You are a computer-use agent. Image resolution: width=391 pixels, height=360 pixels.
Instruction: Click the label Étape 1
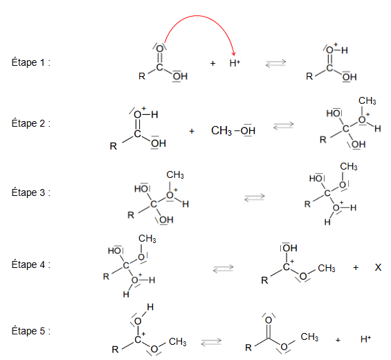point(30,62)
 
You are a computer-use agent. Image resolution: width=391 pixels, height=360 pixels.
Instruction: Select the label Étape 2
point(30,123)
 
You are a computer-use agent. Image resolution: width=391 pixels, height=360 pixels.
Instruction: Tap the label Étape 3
point(30,192)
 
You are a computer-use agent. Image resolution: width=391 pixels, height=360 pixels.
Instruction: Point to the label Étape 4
point(30,264)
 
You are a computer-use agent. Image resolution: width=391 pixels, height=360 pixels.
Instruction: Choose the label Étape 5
point(30,331)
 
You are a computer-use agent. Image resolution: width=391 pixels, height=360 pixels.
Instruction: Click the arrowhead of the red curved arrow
point(234,54)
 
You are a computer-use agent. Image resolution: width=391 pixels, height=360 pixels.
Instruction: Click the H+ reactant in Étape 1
point(235,63)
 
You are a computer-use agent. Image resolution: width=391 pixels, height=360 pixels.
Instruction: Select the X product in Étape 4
point(378,267)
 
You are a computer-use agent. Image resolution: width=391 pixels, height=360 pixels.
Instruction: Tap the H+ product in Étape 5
point(366,339)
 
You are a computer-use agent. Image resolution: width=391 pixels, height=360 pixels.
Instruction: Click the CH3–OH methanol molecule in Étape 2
point(233,130)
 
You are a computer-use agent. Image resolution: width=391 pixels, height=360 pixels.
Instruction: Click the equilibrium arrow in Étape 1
point(275,63)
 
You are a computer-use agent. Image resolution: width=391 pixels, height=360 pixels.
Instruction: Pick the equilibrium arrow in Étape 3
point(255,197)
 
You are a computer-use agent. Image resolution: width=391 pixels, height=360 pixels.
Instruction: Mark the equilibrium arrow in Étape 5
point(211,342)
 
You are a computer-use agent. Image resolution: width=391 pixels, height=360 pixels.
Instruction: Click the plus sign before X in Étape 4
point(356,268)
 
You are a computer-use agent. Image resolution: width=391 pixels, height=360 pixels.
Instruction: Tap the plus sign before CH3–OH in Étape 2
point(192,131)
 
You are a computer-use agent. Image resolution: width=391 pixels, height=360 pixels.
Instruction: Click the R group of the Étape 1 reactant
point(142,76)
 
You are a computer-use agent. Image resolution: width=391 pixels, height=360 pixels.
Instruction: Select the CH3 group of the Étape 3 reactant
point(175,175)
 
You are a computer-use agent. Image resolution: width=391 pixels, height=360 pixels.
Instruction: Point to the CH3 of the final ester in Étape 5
point(309,336)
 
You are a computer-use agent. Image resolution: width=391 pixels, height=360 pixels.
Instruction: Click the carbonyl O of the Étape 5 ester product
point(269,320)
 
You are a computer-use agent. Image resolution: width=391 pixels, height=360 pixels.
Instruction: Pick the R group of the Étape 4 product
point(264,280)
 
